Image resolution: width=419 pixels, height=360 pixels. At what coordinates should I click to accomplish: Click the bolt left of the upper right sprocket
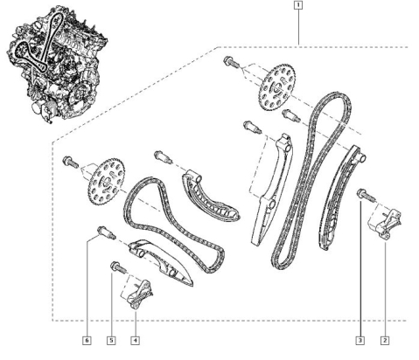(x=231, y=62)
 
